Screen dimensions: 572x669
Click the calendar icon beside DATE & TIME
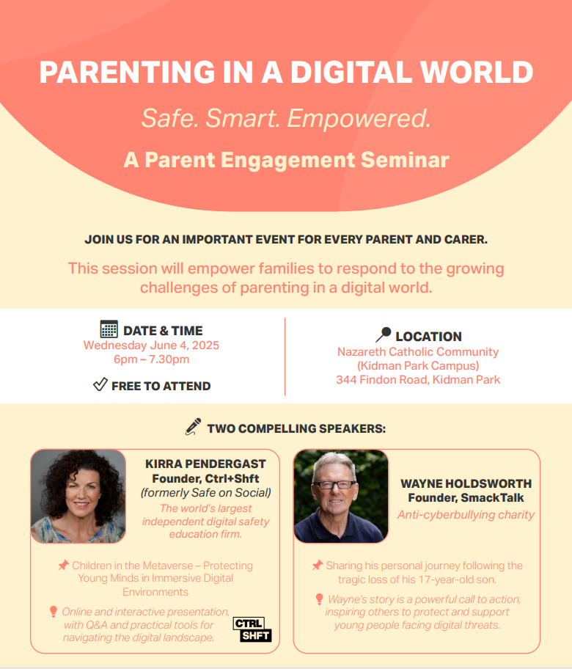(109, 329)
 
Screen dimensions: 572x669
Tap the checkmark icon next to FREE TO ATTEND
(100, 384)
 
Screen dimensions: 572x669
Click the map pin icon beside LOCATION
(383, 334)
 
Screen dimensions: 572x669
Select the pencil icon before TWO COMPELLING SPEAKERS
(193, 427)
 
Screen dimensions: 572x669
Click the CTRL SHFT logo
(252, 629)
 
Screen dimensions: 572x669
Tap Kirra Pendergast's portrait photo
(78, 496)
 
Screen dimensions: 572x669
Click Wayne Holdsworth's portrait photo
(341, 496)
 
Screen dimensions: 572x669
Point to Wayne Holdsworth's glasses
(334, 485)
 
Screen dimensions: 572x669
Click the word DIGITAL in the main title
(351, 72)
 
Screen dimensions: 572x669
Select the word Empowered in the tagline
(359, 118)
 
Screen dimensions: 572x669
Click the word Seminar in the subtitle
(405, 160)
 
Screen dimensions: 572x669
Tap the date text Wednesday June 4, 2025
(151, 346)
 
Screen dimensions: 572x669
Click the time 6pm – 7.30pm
(151, 359)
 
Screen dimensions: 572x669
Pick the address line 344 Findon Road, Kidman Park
(418, 380)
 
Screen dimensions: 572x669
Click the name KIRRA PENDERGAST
(205, 464)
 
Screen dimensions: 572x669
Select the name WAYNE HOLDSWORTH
(466, 483)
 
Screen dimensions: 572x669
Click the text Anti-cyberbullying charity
(466, 515)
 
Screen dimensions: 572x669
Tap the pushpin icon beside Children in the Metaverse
(64, 566)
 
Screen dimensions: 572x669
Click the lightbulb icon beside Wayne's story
(319, 599)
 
